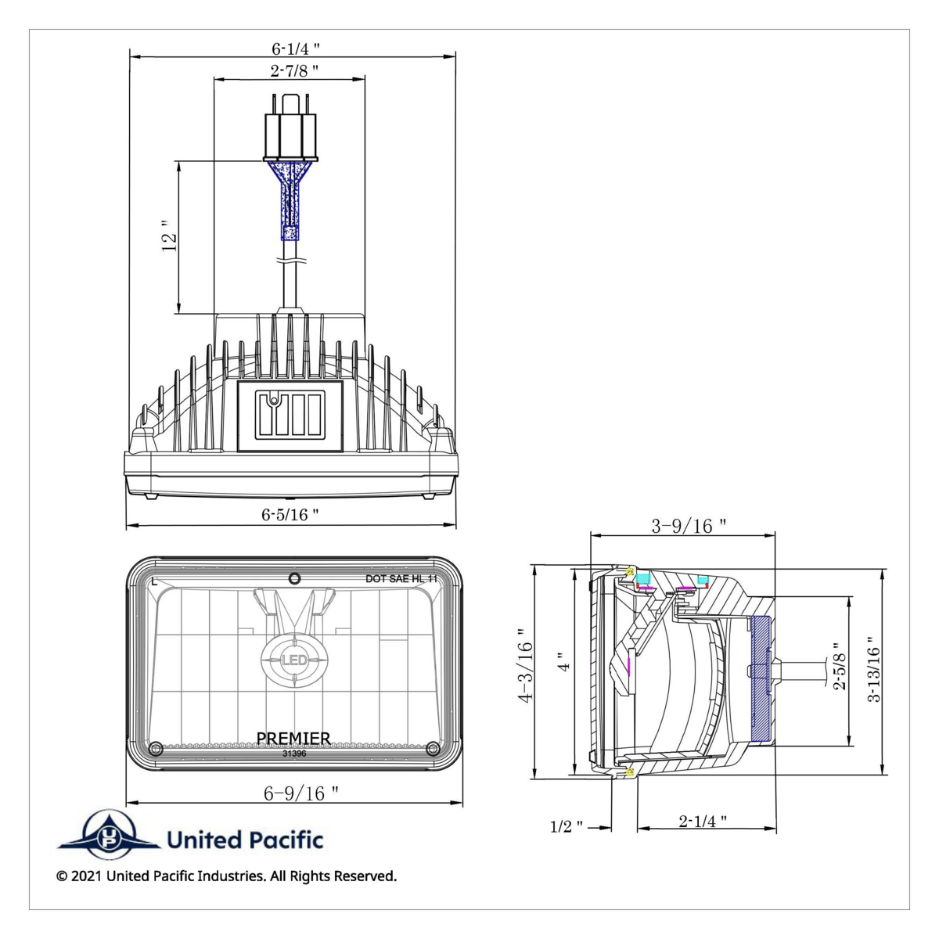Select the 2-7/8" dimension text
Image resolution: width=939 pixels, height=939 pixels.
[293, 70]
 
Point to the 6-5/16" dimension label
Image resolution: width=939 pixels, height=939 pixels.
[290, 514]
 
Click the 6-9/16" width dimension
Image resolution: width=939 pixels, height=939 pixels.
[300, 793]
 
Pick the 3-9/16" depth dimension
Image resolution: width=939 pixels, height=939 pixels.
[689, 526]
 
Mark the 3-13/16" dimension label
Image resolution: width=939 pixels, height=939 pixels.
[874, 673]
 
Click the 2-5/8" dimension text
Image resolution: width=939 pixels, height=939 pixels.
[840, 671]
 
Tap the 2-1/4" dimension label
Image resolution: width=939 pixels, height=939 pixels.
[703, 821]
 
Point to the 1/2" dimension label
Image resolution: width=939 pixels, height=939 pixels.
[567, 826]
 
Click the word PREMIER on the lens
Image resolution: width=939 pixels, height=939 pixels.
[293, 738]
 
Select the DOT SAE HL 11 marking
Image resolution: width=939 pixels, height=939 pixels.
[401, 578]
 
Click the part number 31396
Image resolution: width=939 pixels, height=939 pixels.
[294, 754]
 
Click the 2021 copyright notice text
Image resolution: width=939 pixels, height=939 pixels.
[226, 876]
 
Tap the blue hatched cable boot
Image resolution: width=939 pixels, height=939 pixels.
[291, 200]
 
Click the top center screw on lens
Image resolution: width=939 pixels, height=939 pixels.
[294, 578]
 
